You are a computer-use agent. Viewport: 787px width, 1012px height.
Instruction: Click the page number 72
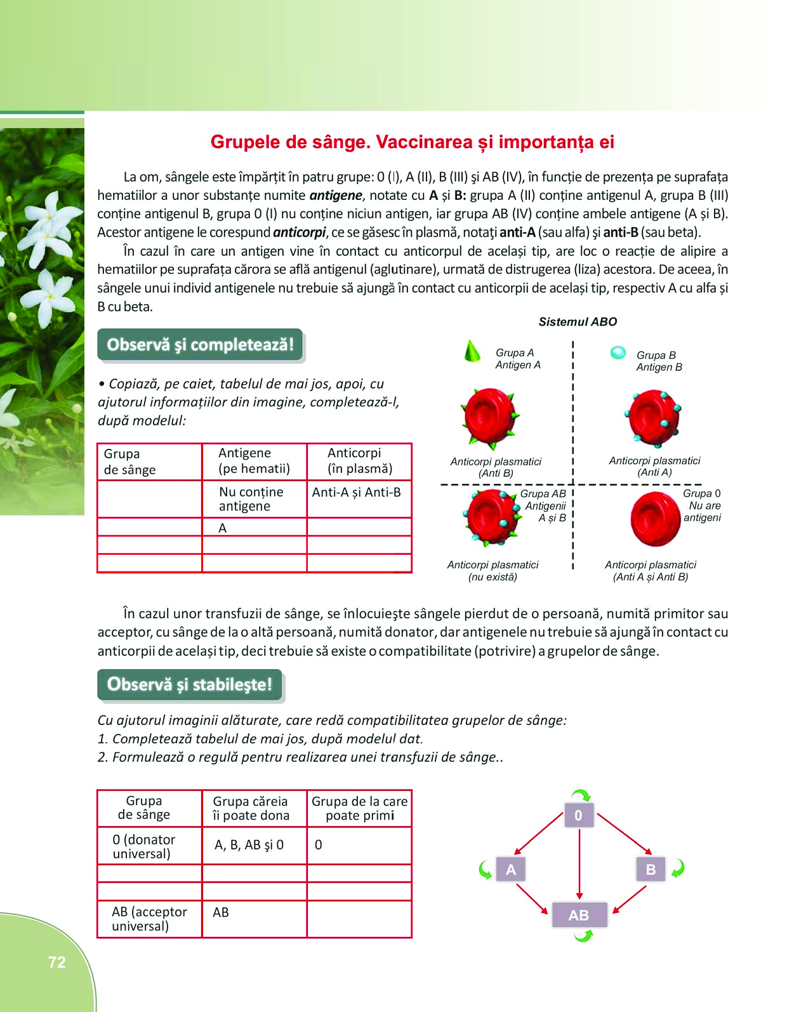tap(57, 962)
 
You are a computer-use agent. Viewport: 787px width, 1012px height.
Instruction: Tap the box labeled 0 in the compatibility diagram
tap(579, 815)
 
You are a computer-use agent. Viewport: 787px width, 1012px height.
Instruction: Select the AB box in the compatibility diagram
tap(579, 915)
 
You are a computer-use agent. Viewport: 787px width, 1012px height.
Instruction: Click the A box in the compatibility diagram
tap(511, 869)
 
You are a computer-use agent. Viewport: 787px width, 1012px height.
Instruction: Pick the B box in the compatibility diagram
tap(651, 869)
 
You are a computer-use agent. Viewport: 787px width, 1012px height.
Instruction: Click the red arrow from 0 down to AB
tap(579, 863)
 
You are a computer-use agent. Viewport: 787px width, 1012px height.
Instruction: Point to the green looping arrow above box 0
tap(581, 795)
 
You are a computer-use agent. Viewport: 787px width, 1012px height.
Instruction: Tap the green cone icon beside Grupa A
tap(472, 351)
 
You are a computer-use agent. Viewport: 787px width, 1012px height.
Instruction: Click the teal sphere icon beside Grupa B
tap(618, 353)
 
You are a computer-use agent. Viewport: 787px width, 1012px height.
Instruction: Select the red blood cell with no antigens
tap(655, 519)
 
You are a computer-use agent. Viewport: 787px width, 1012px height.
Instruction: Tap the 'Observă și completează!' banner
tap(200, 345)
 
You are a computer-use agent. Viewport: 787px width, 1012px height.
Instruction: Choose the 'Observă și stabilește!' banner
tap(189, 684)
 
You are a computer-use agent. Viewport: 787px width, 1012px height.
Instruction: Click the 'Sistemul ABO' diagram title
tap(578, 322)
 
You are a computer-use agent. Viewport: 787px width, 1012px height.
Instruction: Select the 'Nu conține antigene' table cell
tap(254, 498)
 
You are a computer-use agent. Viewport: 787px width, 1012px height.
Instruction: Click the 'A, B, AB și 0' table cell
tap(254, 845)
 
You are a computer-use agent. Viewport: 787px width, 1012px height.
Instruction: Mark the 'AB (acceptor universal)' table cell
tap(149, 919)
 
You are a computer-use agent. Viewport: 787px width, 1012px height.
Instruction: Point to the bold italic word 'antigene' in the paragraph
tap(336, 196)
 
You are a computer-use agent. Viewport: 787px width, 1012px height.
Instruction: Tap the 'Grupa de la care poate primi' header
tap(359, 808)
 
